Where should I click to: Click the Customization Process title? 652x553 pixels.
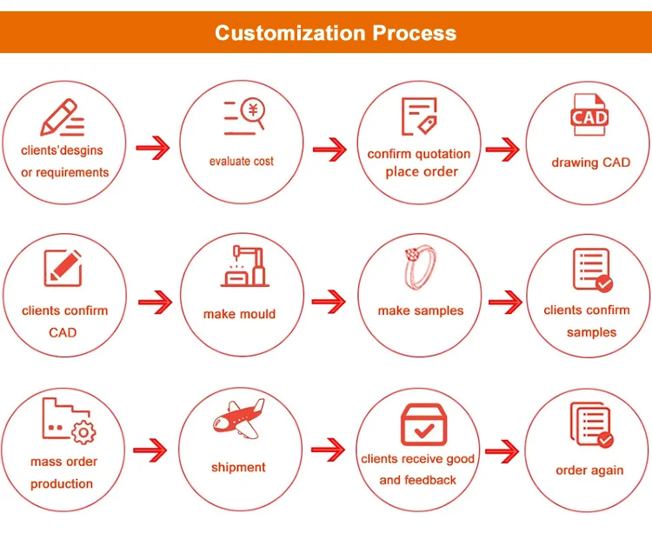tap(335, 33)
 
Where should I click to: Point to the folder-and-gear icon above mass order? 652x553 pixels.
tap(67, 421)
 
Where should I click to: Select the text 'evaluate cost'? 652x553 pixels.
tap(242, 162)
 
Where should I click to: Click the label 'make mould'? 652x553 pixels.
tap(239, 314)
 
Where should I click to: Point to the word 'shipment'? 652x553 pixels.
tap(238, 468)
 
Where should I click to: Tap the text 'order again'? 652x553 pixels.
tap(589, 470)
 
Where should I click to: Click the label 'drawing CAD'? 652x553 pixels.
tap(590, 163)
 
